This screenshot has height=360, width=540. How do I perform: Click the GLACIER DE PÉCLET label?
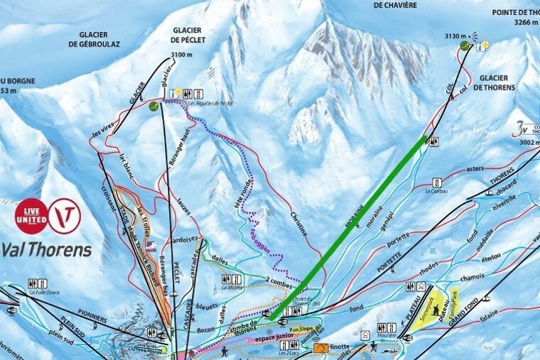[188, 35]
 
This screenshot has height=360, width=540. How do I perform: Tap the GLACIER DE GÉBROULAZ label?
[94, 38]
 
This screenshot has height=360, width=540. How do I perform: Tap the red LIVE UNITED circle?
[31, 216]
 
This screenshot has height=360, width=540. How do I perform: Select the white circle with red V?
[64, 216]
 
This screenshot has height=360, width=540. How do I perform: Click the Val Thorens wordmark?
[46, 249]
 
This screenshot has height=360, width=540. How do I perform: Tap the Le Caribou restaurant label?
[438, 191]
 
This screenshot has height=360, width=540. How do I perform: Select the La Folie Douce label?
[42, 292]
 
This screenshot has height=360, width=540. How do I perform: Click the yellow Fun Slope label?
[301, 329]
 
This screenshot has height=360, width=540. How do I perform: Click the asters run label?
[475, 169]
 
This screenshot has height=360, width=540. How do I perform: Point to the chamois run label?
[472, 278]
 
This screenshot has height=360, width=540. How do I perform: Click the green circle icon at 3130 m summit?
[465, 45]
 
